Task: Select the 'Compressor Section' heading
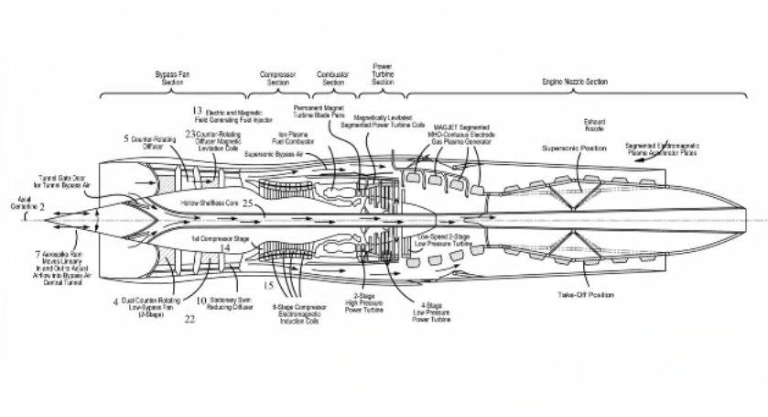[278, 78]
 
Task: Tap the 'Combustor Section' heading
[332, 78]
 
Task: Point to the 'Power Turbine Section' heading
[383, 74]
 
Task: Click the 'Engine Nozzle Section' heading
[574, 82]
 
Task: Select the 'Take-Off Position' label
[586, 295]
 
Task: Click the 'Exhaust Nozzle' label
[594, 125]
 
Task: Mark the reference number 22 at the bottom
[189, 319]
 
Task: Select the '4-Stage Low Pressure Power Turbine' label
[427, 312]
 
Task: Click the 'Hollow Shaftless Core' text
[208, 203]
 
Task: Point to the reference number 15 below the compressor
[268, 286]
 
